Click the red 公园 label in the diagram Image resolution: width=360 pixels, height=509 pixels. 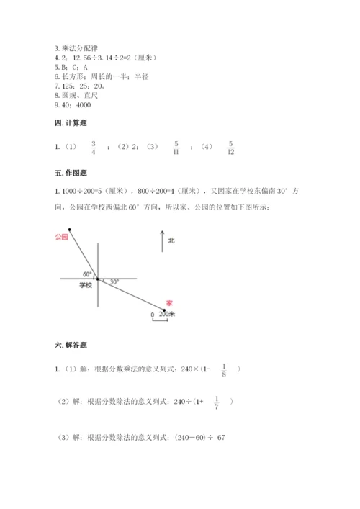tap(60, 235)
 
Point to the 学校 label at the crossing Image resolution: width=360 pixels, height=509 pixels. tap(86, 285)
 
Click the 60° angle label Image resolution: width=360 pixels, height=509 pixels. tap(87, 274)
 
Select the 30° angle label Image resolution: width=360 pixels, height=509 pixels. tap(114, 282)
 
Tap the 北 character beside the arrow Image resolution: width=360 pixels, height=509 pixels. tap(171, 241)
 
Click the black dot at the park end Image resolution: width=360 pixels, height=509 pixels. tap(70, 229)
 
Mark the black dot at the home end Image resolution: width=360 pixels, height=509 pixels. tap(165, 311)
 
